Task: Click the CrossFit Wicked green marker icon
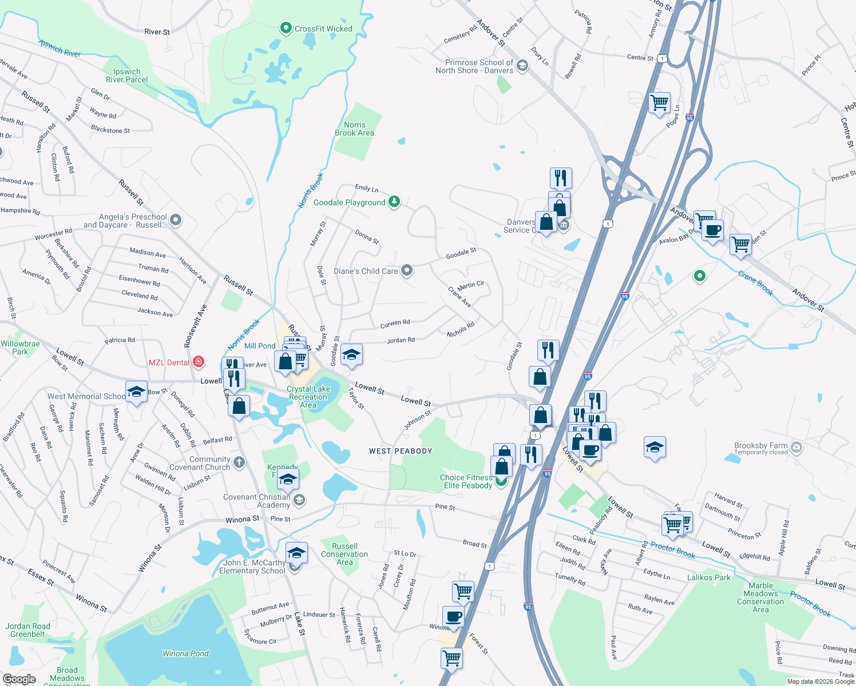click(286, 28)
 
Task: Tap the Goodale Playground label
click(349, 202)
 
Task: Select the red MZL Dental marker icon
click(199, 361)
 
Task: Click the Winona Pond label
click(185, 653)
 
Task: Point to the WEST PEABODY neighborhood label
click(401, 451)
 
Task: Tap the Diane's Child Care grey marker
click(407, 270)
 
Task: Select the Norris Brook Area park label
click(354, 129)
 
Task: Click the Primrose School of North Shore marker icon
click(522, 66)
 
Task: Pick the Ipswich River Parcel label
click(126, 75)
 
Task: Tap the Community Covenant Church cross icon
click(239, 462)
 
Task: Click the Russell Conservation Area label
click(344, 554)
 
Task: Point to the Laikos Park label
click(708, 577)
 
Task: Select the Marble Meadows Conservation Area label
click(760, 597)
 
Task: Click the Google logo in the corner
click(19, 679)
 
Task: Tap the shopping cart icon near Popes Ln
click(660, 103)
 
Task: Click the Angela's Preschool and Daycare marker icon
click(176, 220)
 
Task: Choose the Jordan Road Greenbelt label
click(27, 630)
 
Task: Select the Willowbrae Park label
click(20, 348)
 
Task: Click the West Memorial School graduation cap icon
click(136, 392)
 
